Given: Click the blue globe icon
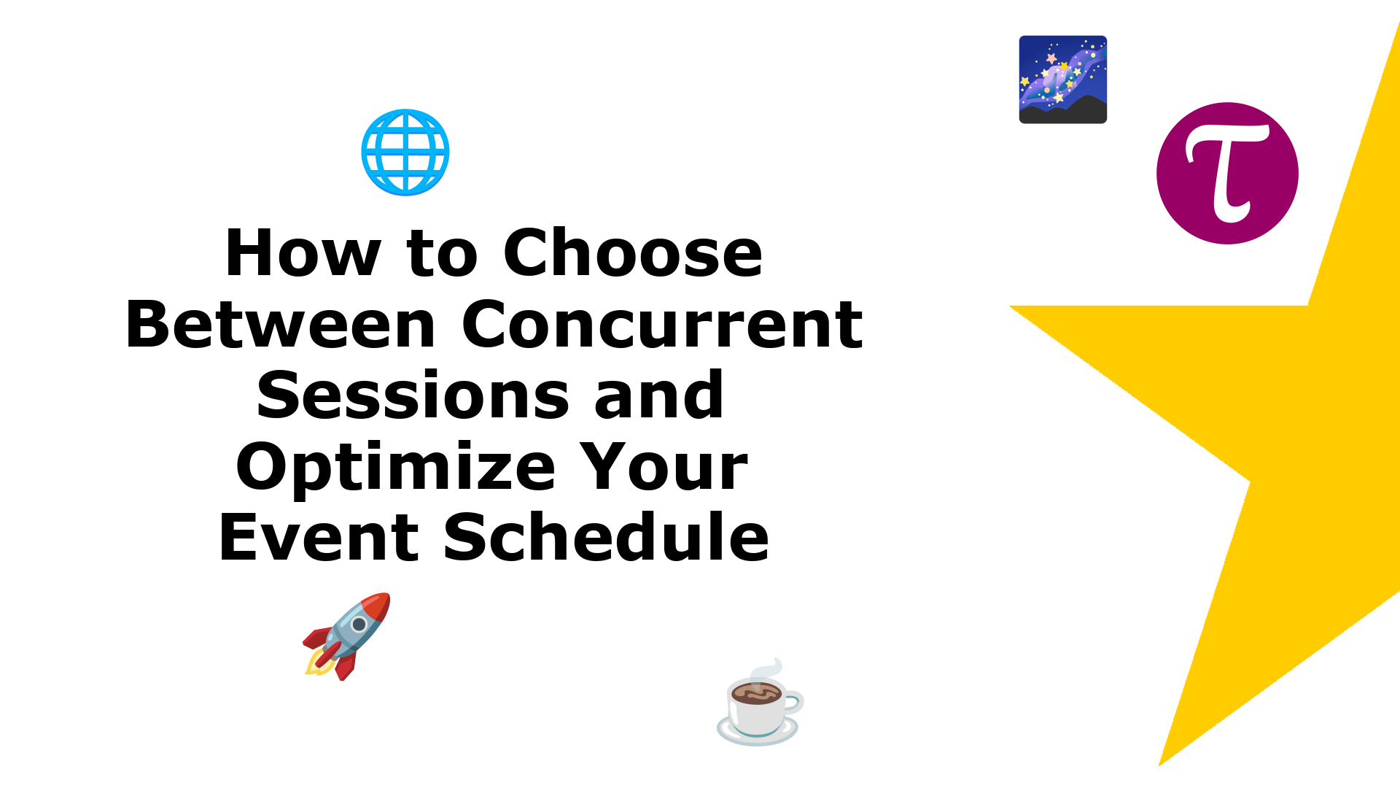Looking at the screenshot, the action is pos(405,152).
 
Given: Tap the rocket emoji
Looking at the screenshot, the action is pos(347,636).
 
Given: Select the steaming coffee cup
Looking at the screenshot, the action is pos(760,702).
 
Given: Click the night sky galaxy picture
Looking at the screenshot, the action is pos(1063,80).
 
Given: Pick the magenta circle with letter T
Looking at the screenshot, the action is pos(1227,174).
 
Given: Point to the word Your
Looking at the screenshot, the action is pos(664,466).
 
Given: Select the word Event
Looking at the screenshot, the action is pos(319,537).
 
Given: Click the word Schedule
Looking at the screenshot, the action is pos(606,537).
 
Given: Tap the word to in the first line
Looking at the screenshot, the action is pos(442,254).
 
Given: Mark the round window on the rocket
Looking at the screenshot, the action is pos(359,625).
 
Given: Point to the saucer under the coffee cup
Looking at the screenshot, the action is pos(758,732).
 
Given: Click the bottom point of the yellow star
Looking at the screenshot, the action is pos(1159,765).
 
